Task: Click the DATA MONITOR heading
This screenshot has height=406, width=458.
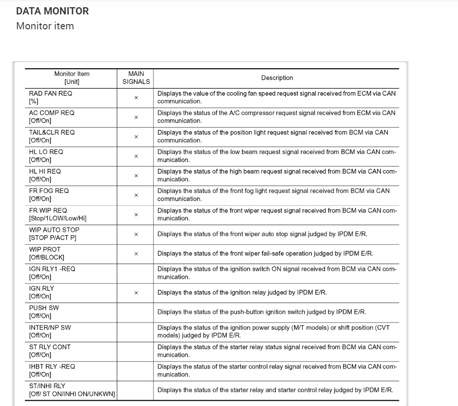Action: point(52,11)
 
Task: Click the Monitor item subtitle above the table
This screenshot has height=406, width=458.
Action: point(45,26)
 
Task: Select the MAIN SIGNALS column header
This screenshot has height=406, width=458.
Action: point(136,78)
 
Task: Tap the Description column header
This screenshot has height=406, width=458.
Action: point(277,78)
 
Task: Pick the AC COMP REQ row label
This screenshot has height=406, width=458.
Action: point(52,113)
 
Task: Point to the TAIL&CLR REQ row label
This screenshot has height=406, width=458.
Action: point(52,132)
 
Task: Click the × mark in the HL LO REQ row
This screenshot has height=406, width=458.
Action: point(136,156)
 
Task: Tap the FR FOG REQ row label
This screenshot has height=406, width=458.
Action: point(49,191)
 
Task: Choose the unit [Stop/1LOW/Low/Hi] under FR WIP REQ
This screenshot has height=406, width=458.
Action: point(58,218)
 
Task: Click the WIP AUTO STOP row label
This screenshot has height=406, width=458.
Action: point(54,230)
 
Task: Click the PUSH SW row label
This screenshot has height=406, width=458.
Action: point(44,308)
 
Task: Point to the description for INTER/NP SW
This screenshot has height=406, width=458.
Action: point(273,332)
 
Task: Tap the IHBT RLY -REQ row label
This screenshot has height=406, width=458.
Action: point(52,367)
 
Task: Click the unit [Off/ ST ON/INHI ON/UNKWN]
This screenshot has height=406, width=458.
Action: point(72,394)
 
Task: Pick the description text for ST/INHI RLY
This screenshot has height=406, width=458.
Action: point(275,390)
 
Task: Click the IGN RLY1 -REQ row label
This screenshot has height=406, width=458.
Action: point(52,269)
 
